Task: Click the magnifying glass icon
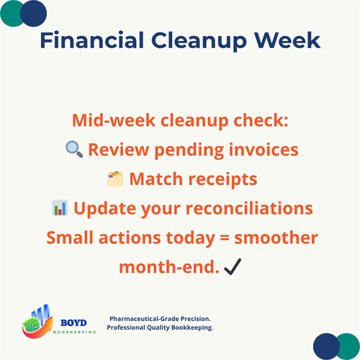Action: pyautogui.click(x=73, y=150)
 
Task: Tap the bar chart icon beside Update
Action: pyautogui.click(x=60, y=208)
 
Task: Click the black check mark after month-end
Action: pyautogui.click(x=232, y=267)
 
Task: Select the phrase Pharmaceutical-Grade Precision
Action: pyautogui.click(x=161, y=318)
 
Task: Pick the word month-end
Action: pyautogui.click(x=169, y=267)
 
